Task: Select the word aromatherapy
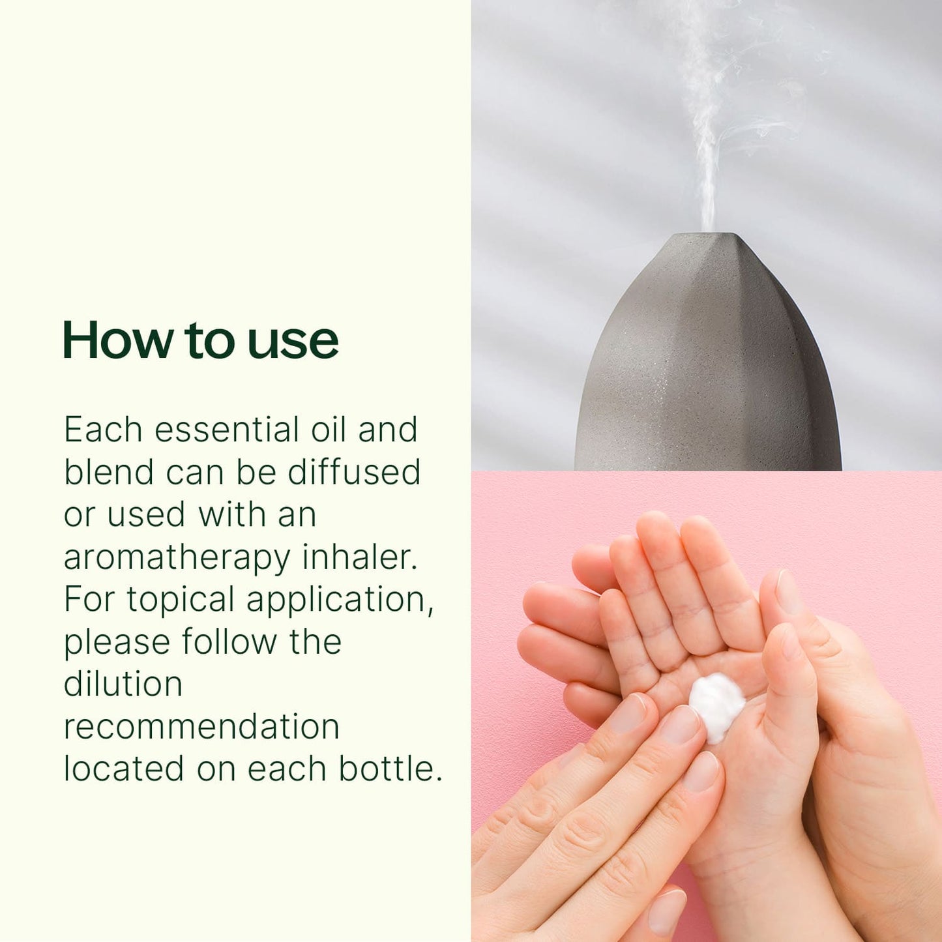coord(177,558)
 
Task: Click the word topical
coord(181,601)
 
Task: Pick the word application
coord(340,601)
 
